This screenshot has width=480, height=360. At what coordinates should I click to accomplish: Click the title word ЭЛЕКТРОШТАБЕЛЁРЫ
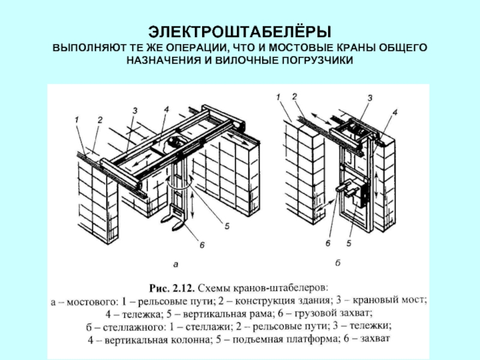[239, 31]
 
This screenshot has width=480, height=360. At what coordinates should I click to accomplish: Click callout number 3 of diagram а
[136, 111]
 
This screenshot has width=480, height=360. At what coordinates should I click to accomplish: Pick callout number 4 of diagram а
[167, 109]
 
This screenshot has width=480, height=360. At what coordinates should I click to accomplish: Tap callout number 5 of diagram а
[227, 226]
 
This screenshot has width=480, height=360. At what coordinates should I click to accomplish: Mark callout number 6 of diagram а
[202, 245]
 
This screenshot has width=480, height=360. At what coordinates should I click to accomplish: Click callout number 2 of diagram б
[295, 96]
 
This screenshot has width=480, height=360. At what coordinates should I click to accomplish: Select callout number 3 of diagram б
[370, 97]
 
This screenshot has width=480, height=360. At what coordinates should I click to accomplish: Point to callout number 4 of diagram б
[394, 112]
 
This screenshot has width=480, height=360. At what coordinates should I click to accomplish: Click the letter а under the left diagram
[176, 262]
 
